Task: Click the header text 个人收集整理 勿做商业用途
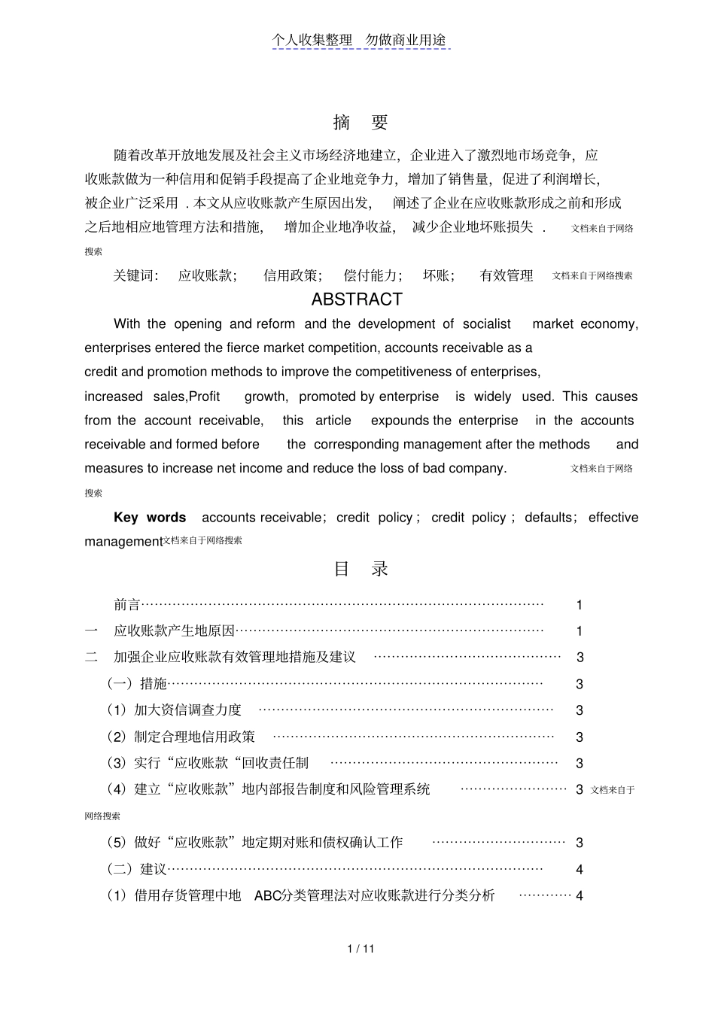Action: [x=360, y=41]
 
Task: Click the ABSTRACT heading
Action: [x=357, y=299]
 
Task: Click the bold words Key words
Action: [x=150, y=518]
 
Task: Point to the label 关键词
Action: [x=135, y=276]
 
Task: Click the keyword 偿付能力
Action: [x=372, y=276]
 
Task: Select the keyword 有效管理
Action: [x=507, y=276]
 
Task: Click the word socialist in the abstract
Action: [x=487, y=324]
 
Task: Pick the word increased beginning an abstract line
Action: [x=113, y=397]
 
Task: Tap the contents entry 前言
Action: [x=127, y=605]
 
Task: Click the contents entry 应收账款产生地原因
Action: [x=175, y=631]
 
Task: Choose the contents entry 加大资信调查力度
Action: [x=187, y=710]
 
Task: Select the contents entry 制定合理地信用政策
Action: [x=194, y=737]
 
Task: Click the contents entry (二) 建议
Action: [x=137, y=869]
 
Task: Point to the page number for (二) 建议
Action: [x=580, y=870]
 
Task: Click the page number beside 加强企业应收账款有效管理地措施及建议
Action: [x=580, y=658]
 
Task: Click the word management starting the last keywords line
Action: [x=123, y=542]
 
